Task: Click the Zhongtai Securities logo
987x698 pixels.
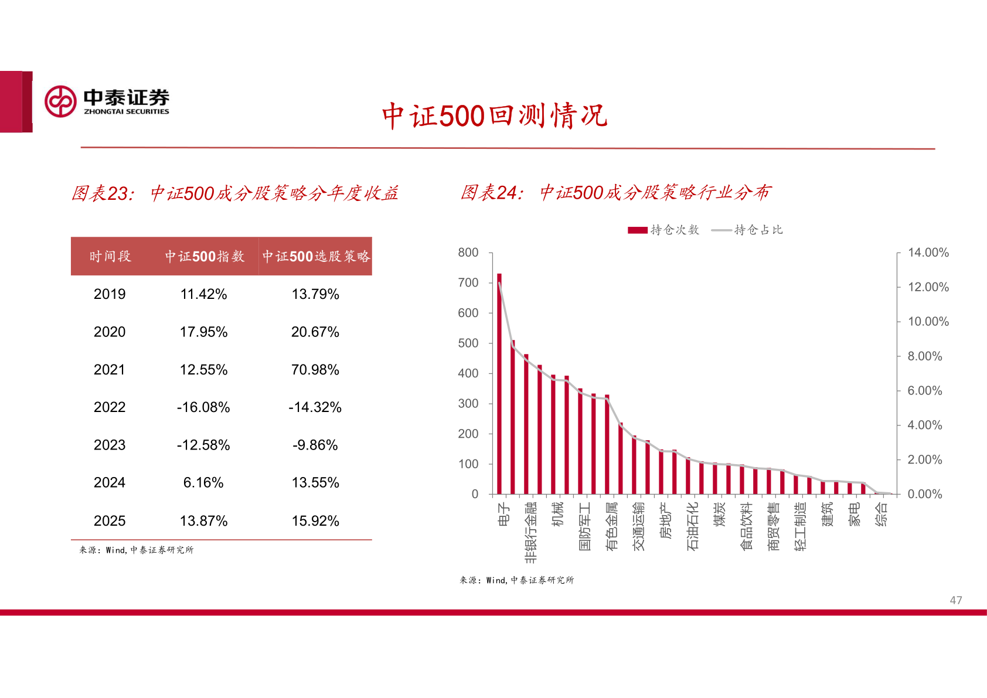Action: [x=107, y=101]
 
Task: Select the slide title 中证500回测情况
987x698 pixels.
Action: [x=494, y=115]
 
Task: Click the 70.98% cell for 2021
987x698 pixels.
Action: [x=315, y=370]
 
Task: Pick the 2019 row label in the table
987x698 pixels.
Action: [x=110, y=294]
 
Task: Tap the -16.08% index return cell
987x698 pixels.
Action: [x=203, y=407]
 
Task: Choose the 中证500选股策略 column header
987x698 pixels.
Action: [x=316, y=256]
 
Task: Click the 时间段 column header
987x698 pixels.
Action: [x=110, y=256]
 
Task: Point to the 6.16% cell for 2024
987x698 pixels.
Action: [x=203, y=483]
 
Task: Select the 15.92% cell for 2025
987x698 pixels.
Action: [x=315, y=521]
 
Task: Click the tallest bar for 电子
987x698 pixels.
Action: [x=499, y=384]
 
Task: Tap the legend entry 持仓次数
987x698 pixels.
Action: [x=664, y=230]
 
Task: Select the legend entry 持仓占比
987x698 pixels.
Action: [x=748, y=230]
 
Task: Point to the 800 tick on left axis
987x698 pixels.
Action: [x=468, y=253]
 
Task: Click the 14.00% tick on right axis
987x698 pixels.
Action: [x=928, y=253]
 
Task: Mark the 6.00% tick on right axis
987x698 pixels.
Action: [x=924, y=391]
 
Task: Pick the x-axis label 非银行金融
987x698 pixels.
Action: [x=530, y=532]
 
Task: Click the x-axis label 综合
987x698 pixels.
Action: [x=881, y=515]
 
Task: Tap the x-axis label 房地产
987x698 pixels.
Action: [x=665, y=520]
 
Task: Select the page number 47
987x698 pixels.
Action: [x=955, y=600]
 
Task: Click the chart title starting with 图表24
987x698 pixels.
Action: [x=615, y=192]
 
